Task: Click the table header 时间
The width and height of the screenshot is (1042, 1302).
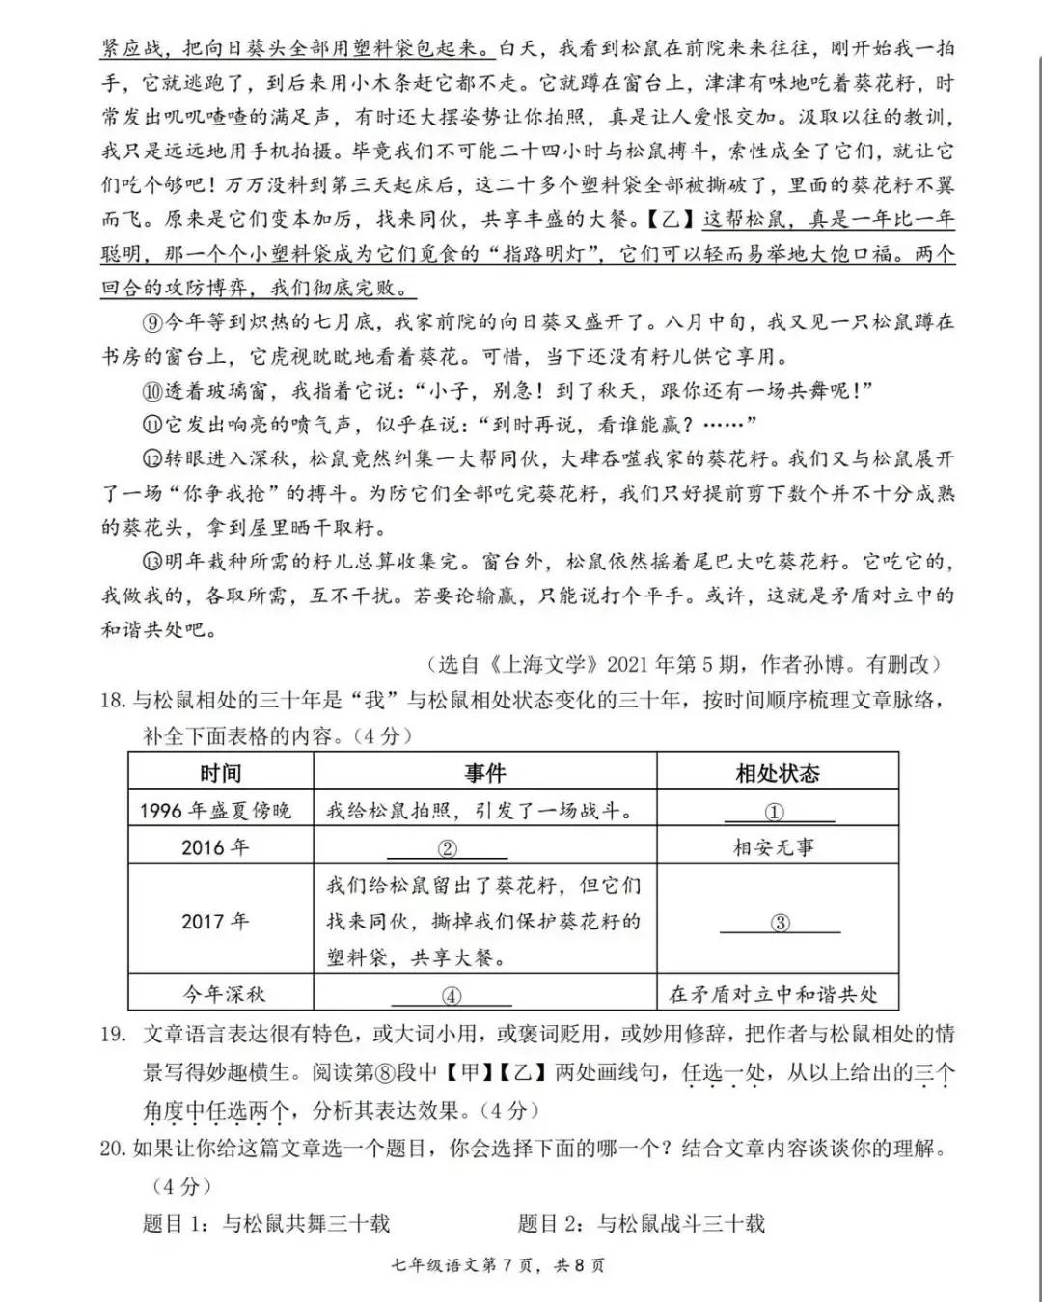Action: (220, 773)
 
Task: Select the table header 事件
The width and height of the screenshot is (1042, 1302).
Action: (484, 773)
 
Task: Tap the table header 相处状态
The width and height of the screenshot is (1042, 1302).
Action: (777, 773)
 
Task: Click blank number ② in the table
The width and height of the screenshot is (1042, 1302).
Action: (447, 849)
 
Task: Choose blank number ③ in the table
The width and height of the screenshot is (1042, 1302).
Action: (780, 923)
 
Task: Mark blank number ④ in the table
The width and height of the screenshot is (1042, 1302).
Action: (451, 996)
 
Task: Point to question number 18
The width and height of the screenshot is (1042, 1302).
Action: (113, 700)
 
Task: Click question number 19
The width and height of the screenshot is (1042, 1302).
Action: (113, 1034)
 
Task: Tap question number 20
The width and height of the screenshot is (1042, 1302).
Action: (113, 1148)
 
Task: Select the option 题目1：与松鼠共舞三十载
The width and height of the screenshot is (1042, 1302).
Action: (266, 1224)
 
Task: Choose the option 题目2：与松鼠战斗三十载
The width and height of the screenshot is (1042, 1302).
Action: (641, 1224)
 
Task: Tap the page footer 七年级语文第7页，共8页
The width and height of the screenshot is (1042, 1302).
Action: (520, 1265)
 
